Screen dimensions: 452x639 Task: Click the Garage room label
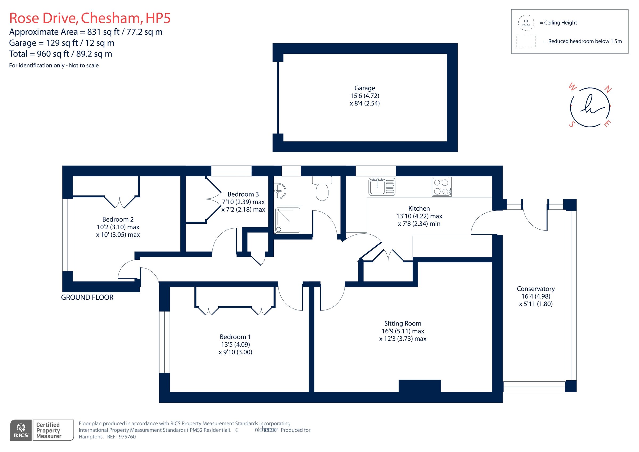(364, 88)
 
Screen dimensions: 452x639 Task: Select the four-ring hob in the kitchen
(441, 187)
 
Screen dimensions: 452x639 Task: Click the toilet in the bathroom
(322, 189)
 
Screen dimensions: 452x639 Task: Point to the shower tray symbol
(288, 220)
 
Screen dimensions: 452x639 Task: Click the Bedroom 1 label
(235, 337)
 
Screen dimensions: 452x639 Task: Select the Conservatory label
(535, 288)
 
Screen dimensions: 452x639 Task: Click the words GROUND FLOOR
(87, 297)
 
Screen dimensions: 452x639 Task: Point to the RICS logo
(21, 430)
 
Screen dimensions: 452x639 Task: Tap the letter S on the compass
(572, 124)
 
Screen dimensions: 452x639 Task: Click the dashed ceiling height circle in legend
(526, 23)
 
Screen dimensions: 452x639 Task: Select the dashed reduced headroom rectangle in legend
(526, 42)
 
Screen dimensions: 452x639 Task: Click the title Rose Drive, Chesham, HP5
(90, 18)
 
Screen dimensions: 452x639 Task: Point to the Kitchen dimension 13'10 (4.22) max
(419, 216)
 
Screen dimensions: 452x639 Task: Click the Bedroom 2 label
(118, 219)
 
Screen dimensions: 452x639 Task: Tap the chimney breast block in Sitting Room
(419, 386)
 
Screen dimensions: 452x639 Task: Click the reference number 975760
(127, 437)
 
